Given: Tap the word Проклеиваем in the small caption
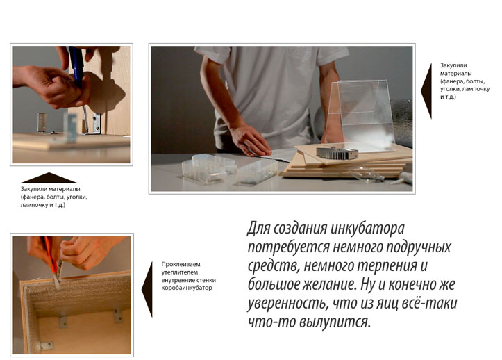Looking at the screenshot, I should click(x=181, y=265).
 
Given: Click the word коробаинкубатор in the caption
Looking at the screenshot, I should click(x=186, y=288).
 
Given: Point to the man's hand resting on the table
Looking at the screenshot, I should click(x=250, y=142).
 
